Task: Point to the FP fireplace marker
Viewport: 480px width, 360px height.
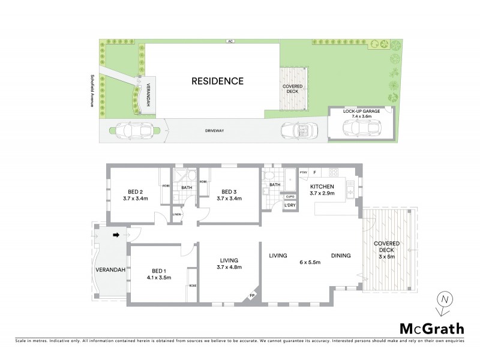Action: [x=253, y=295]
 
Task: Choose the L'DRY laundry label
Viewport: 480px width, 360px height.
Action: [x=290, y=206]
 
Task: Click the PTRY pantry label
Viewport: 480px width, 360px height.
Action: [x=304, y=173]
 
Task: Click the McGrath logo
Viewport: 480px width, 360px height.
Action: [x=432, y=328]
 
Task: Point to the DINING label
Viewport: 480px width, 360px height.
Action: [x=340, y=256]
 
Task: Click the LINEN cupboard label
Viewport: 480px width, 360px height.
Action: [x=177, y=214]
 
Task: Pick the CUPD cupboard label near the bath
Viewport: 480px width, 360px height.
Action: [x=290, y=196]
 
